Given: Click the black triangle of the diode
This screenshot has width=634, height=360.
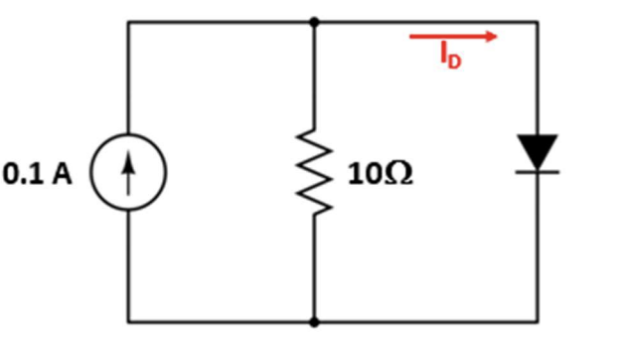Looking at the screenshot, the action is (538, 152).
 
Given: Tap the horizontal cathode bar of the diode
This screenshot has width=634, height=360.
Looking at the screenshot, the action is (538, 171).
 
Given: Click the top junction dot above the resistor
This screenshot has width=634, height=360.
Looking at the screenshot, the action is (315, 21).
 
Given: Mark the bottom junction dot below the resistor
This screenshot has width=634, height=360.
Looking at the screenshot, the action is (315, 322).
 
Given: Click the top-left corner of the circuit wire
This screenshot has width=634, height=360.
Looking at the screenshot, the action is (128, 21).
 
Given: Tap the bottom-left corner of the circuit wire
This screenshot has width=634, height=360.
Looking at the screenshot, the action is (128, 322).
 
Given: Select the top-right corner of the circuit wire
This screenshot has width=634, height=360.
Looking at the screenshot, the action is (538, 21).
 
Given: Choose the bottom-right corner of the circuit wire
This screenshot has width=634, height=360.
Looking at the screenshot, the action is (538, 322).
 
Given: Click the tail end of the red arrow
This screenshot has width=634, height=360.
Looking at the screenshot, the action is (411, 37).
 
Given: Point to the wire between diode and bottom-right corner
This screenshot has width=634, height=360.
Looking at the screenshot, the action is (538, 249).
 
